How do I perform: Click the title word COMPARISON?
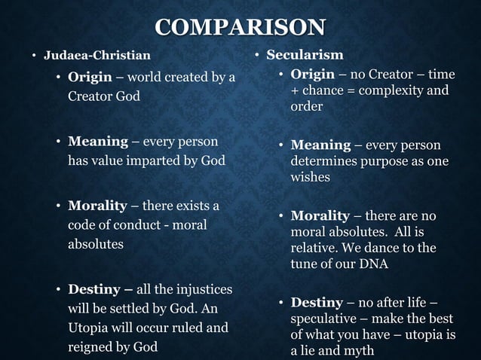[240, 28]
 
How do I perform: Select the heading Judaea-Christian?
[97, 56]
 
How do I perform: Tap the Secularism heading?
[305, 55]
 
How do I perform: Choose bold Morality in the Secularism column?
[320, 215]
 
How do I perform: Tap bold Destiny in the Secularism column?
[317, 303]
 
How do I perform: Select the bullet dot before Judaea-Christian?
[34, 56]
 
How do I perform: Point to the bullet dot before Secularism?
[257, 56]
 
